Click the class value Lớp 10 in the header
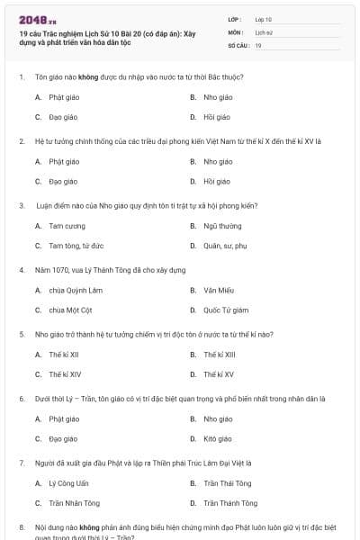click(263, 19)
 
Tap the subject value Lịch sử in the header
click(263, 31)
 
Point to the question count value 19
click(258, 45)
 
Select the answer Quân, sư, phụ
click(225, 245)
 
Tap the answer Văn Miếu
click(219, 291)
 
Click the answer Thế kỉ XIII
click(219, 355)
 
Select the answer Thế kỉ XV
click(218, 374)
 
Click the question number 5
click(22, 334)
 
